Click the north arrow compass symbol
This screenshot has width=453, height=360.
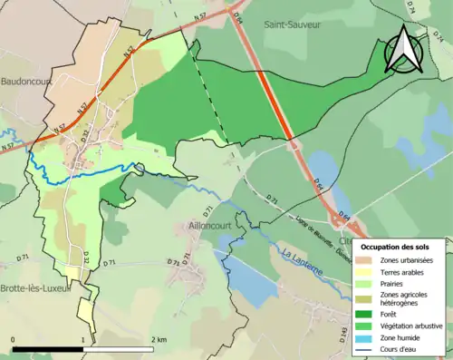click(403, 50)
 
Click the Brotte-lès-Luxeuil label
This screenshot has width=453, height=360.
click(34, 287)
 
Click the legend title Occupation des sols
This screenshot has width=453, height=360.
click(396, 247)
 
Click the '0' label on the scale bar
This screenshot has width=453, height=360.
click(14, 339)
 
